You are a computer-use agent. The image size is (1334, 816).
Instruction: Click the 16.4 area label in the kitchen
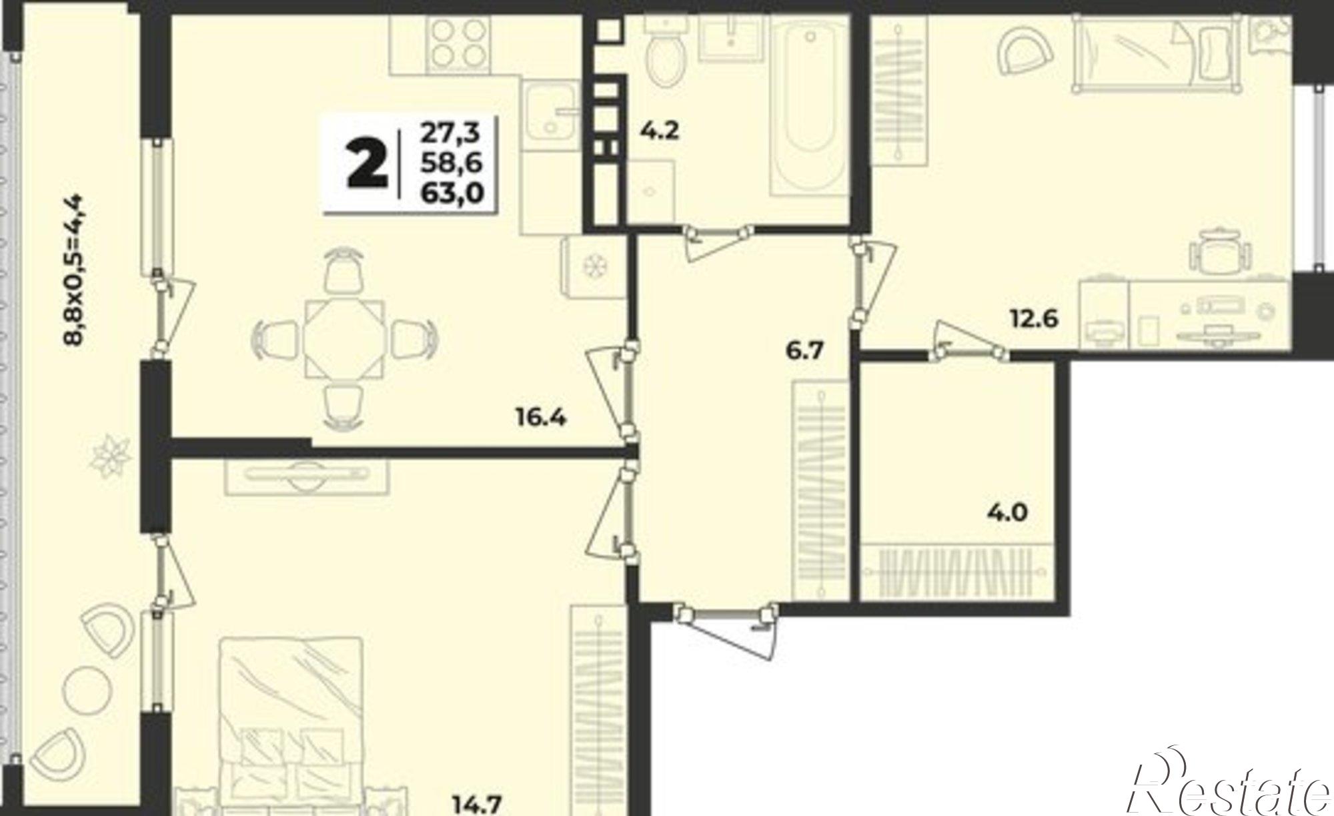(x=540, y=419)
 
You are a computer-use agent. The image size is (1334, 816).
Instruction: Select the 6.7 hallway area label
(x=806, y=350)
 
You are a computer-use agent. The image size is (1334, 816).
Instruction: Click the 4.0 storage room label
(x=1007, y=513)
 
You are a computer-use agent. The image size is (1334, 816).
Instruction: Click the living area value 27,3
(x=450, y=133)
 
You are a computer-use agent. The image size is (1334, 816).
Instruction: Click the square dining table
(x=345, y=340)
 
